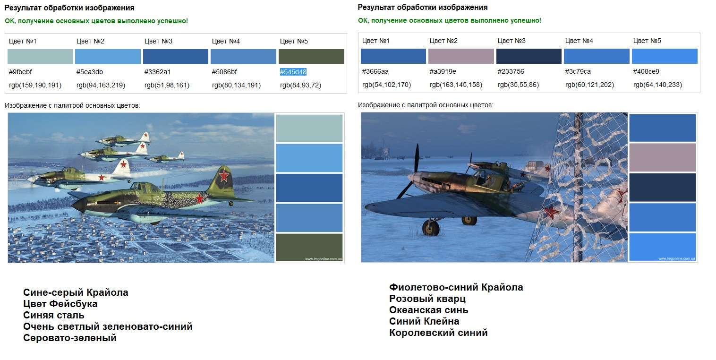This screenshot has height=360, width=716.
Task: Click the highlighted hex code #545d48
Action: coord(293,72)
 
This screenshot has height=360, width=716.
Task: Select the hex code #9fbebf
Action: coord(20,72)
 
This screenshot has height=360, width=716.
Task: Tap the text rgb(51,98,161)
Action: coord(167,86)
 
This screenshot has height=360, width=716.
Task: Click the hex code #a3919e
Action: coord(443,72)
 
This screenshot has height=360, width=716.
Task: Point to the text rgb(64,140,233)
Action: coord(657,85)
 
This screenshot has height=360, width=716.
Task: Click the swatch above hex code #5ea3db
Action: coord(108,57)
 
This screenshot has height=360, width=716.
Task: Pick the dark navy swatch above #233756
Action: coord(528,56)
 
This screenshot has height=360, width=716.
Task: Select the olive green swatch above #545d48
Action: coord(311,57)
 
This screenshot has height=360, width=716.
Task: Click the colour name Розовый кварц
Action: coord(427,299)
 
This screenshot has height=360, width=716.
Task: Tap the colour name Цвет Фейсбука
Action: coord(60,304)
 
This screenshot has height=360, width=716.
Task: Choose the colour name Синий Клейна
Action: coord(424,321)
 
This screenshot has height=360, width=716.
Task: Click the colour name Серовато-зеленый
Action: coord(70,338)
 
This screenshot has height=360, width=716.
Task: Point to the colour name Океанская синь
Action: coord(429,310)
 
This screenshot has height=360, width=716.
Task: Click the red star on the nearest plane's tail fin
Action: coord(224,176)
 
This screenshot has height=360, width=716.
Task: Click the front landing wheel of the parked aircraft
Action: coord(431,228)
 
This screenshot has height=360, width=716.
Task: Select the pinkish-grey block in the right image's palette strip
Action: coord(663,157)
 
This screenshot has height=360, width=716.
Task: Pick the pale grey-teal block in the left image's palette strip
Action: coord(309,128)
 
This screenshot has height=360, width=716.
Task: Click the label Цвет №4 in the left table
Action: coord(226,41)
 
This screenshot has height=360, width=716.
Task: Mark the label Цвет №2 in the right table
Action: coord(443,41)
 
